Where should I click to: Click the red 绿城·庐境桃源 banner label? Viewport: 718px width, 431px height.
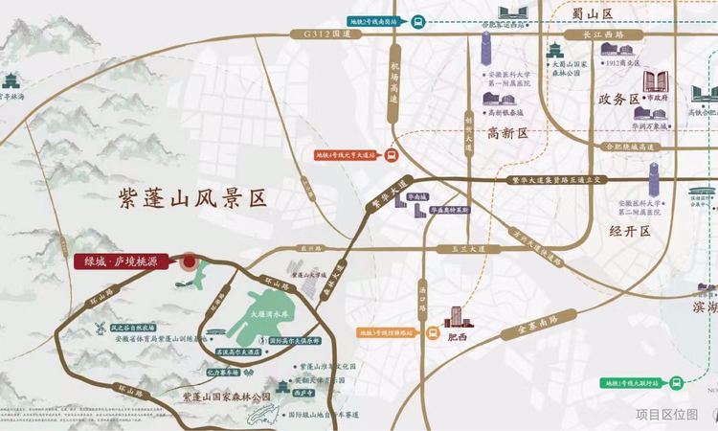coord(123,261)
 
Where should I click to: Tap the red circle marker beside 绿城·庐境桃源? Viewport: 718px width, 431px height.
coord(190,261)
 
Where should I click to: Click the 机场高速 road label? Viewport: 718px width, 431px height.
coord(393,81)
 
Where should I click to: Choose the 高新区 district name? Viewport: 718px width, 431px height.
coord(507,133)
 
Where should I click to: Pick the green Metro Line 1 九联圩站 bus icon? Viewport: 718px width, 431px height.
coord(676,381)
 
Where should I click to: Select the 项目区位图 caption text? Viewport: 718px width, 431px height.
coord(667,414)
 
